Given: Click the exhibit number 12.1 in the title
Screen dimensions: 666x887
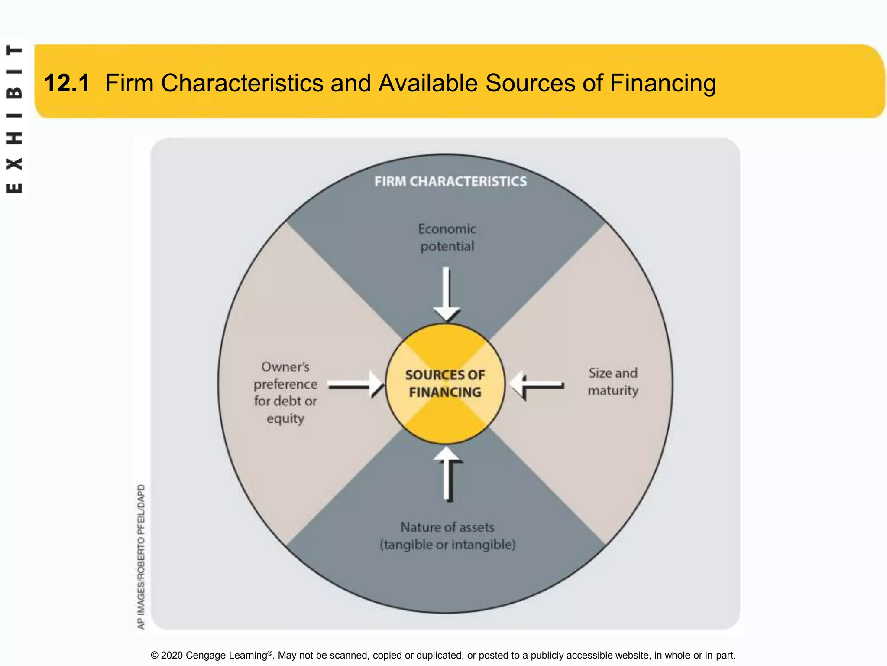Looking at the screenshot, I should [x=67, y=83].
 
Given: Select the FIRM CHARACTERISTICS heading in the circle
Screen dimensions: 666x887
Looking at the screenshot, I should [x=450, y=181].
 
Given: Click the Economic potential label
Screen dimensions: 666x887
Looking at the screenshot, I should [x=447, y=238].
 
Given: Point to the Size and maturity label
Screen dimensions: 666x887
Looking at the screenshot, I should [x=613, y=382].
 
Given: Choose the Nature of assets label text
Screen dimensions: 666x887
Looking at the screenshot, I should [x=447, y=527].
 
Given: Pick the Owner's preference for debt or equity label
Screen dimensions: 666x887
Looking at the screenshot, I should [x=285, y=392].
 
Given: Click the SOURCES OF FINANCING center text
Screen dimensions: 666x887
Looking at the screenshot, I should [x=445, y=384].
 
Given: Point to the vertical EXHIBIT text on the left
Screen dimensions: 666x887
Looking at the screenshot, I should [x=14, y=119].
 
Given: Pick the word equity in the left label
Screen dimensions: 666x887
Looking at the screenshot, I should [x=285, y=419].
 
